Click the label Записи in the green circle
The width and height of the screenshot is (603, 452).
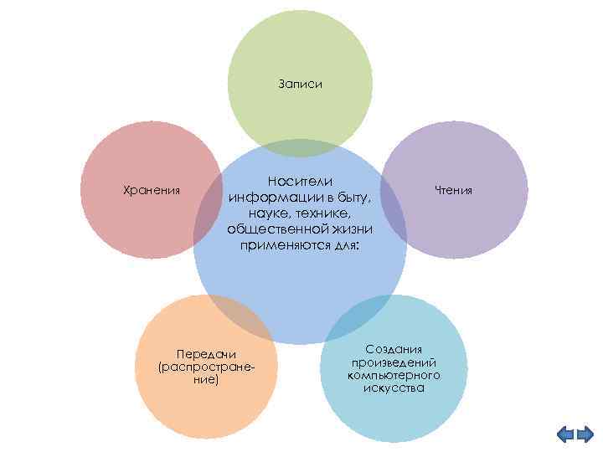point(300,85)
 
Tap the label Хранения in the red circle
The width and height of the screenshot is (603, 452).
point(152,191)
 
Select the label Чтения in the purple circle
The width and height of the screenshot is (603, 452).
point(454,191)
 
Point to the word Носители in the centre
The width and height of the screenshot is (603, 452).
point(300,181)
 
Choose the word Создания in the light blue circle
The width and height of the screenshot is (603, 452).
point(394,348)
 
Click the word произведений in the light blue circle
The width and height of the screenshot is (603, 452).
point(394,362)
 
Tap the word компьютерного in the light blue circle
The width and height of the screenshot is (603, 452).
point(394,375)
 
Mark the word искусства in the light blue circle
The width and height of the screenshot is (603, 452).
point(394,388)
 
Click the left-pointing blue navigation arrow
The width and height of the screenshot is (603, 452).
point(565,434)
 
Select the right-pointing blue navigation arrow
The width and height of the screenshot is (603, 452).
point(585,434)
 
